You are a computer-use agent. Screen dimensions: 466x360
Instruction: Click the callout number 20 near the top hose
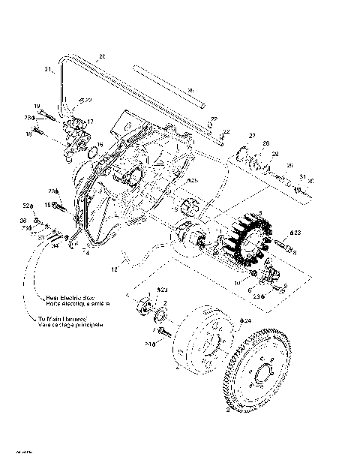pos(102,57)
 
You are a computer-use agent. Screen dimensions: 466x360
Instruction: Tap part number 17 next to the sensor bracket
pos(90,121)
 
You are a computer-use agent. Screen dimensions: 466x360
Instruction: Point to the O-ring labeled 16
pos(93,154)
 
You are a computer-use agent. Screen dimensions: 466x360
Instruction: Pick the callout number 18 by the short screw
pos(29,134)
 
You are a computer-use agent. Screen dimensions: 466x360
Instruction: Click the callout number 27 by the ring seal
pos(253,135)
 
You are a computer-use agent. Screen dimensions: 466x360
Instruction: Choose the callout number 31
pos(302,176)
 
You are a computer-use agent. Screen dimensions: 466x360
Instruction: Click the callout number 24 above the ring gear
pos(247,320)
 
